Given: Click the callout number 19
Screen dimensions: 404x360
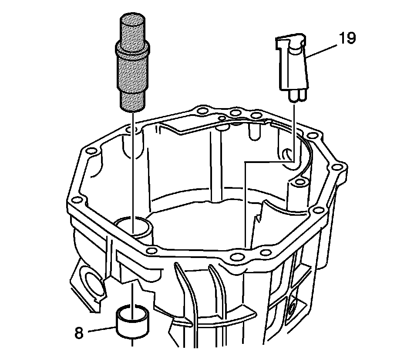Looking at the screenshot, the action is pyautogui.click(x=347, y=38).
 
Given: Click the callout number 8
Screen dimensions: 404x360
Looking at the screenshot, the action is pyautogui.click(x=79, y=333).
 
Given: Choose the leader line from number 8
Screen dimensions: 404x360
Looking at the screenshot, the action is pyautogui.click(x=103, y=329).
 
